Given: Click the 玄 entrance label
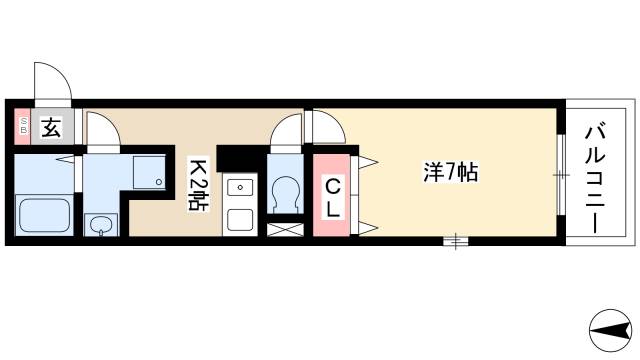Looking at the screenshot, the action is click(x=50, y=127).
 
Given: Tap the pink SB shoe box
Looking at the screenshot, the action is click(x=22, y=127).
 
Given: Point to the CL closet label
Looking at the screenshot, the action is click(x=334, y=197).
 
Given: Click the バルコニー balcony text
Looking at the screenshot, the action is click(x=596, y=177).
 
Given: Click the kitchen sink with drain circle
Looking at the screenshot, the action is click(x=239, y=187).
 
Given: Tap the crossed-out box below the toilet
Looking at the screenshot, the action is click(x=285, y=230).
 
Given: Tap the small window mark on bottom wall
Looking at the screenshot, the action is click(x=456, y=239).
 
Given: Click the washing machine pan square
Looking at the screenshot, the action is click(x=148, y=173).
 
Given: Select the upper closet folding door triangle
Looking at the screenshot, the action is click(x=364, y=159).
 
